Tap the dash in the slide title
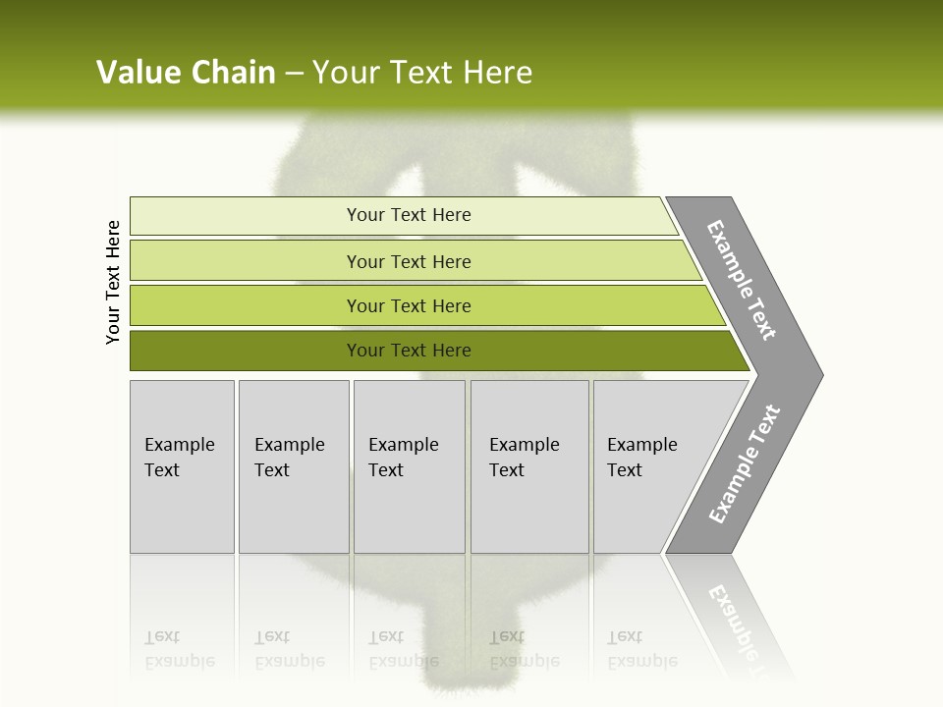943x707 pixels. [294, 74]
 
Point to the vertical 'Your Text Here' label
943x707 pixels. [113, 282]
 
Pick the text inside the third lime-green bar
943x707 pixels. [409, 306]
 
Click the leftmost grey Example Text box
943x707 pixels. [182, 466]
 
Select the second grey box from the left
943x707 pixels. [293, 466]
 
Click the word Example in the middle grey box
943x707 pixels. [403, 445]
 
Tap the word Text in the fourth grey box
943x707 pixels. [507, 470]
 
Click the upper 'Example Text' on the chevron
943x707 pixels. [742, 280]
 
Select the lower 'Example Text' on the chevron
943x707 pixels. [744, 464]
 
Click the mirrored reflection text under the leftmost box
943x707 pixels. [179, 650]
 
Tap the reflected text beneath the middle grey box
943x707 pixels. [403, 650]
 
